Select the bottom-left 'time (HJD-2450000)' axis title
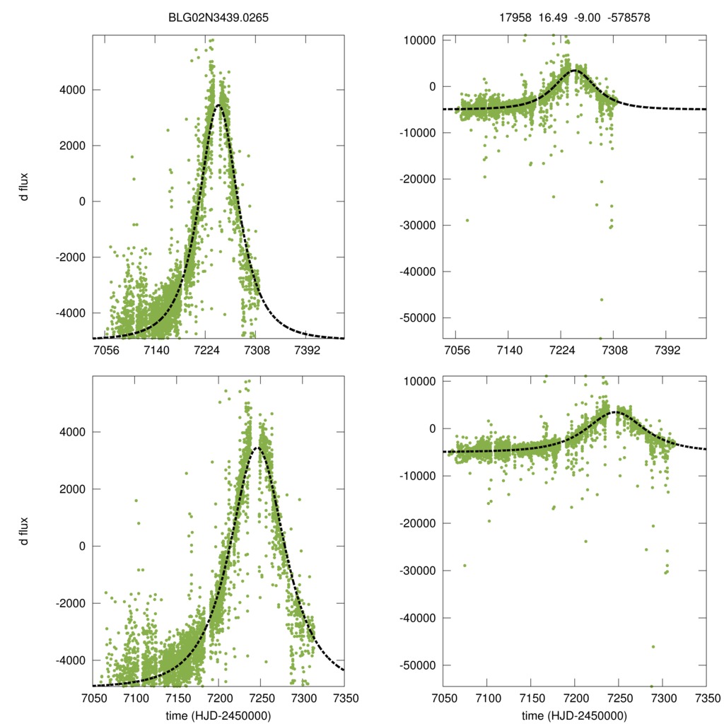point(218,716)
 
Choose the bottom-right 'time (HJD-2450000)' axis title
point(574,716)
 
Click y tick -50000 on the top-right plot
point(420,317)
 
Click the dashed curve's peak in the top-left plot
point(219,105)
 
